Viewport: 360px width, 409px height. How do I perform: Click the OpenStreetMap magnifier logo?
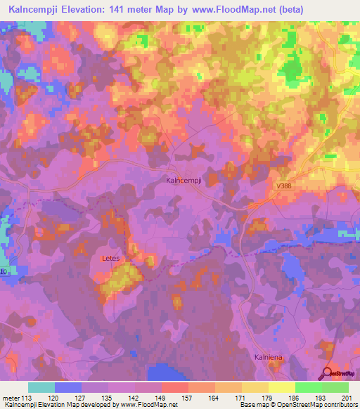pyautogui.click(x=328, y=372)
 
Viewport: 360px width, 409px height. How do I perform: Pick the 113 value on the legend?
pyautogui.click(x=28, y=397)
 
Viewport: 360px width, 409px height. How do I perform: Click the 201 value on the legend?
pyautogui.click(x=348, y=397)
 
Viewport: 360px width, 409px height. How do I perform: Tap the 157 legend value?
pyautogui.click(x=188, y=397)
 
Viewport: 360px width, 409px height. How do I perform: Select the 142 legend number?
pyautogui.click(x=134, y=397)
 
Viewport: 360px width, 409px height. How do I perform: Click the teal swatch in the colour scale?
pyautogui.click(x=41, y=387)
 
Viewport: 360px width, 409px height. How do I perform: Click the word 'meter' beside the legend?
pyautogui.click(x=11, y=397)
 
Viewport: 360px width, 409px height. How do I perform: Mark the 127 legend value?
pyautogui.click(x=82, y=397)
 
